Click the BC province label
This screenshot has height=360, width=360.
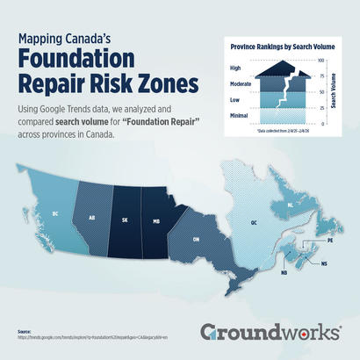point(55,212)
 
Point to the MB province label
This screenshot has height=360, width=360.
point(155,221)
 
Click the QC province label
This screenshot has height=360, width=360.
point(255,223)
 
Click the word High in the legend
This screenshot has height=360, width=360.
point(234,67)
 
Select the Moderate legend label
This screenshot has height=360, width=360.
point(240,84)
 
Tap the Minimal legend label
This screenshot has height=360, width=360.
point(239,116)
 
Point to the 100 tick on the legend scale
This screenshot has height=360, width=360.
point(320,60)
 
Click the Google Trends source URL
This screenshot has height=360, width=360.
point(80,336)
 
